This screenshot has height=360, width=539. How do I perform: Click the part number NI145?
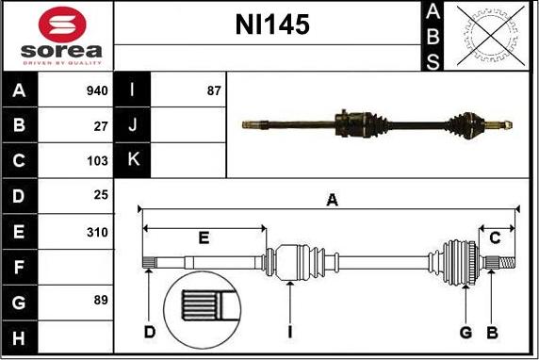point(272,25)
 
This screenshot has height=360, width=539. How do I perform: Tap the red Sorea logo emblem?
point(62,25)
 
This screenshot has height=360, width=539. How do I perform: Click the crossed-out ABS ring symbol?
point(491,36)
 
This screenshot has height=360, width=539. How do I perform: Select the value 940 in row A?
point(97,90)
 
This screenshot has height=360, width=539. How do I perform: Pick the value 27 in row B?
point(101,126)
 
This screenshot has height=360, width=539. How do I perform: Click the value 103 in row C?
point(97,161)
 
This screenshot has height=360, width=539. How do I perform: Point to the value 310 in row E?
point(97,233)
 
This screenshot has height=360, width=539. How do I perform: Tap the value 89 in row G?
point(101,300)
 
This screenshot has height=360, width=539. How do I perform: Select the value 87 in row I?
point(214,90)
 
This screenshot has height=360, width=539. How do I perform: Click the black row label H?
point(19,337)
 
